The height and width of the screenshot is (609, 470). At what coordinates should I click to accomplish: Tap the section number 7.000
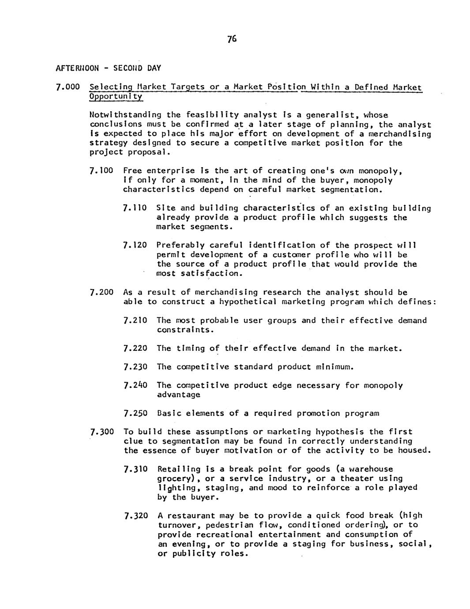pos(67,87)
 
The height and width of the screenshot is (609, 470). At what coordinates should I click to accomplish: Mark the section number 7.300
pos(102,432)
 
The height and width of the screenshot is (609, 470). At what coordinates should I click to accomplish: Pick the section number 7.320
pos(136,515)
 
